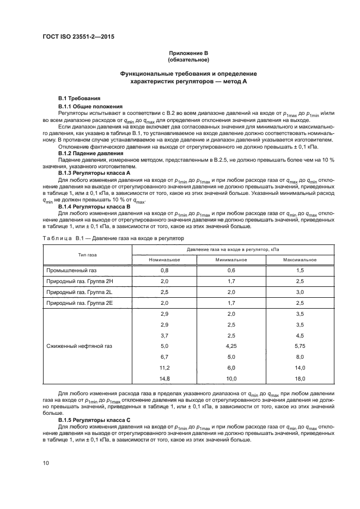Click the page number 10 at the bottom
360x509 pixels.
click(x=46, y=463)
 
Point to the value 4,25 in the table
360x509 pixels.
click(x=231, y=346)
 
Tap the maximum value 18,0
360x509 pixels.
click(x=300, y=378)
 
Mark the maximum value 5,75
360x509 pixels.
click(x=300, y=346)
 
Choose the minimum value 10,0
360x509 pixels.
click(x=231, y=378)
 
